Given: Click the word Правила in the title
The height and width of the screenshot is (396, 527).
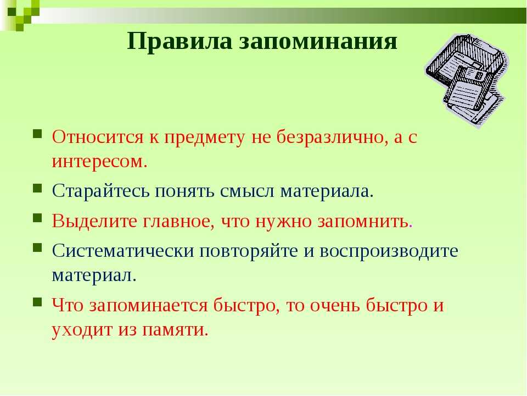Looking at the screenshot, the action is point(180,41).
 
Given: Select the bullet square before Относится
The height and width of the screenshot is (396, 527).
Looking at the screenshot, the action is point(37,134).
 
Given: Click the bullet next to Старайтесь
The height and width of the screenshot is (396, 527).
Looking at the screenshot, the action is point(37,188).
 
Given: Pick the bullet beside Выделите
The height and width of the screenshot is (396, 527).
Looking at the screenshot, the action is point(37,218).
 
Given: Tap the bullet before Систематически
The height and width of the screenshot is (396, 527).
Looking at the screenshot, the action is point(37,248).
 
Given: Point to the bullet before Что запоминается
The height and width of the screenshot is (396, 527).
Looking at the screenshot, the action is point(37,302).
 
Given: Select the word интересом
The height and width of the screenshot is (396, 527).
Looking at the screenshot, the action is point(99,161).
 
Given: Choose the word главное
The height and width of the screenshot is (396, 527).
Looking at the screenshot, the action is point(178,222).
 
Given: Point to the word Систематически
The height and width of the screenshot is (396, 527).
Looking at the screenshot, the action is point(123,251).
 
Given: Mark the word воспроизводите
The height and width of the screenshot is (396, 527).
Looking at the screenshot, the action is point(389,251).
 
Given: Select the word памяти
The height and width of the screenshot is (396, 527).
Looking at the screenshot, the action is point(175,329).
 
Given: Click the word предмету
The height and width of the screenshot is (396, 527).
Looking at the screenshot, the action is point(205,137).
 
